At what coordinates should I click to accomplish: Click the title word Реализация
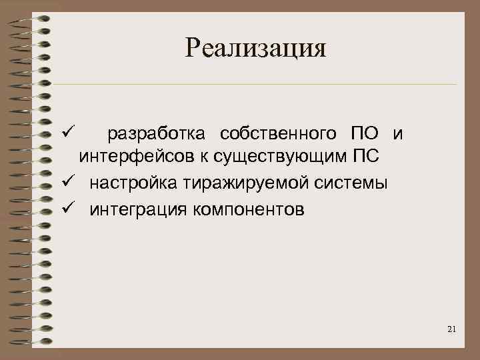tap(256, 47)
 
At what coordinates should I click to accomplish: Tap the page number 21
tap(452, 329)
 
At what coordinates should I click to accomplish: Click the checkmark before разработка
tap(64, 133)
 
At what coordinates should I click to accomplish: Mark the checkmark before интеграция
tap(64, 209)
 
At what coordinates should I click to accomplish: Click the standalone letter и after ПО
tap(398, 134)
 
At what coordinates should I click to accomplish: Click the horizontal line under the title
tap(253, 85)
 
